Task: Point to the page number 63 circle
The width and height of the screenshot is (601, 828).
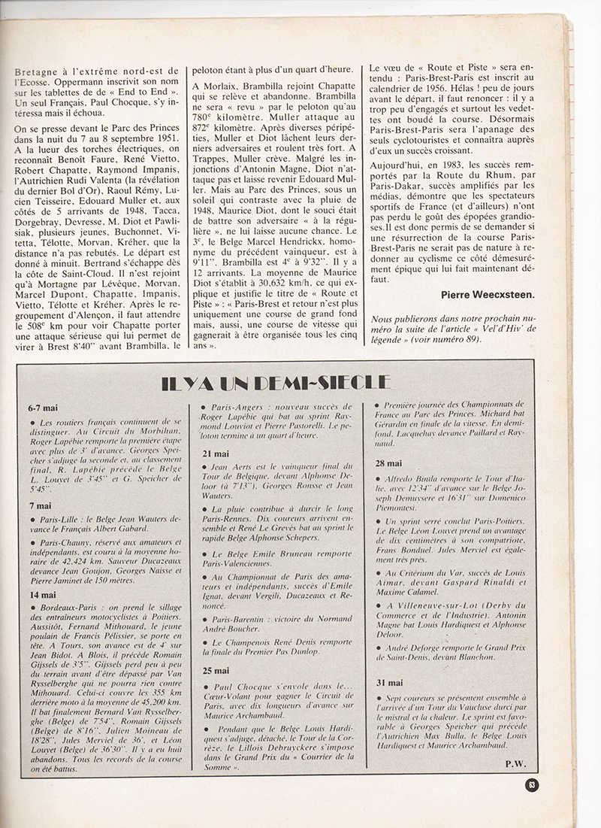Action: (x=531, y=786)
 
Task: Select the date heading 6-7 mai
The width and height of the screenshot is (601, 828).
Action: (x=42, y=408)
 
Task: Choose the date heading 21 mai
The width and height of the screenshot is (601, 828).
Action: (x=216, y=453)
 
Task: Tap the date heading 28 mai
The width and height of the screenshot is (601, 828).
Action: (x=390, y=463)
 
